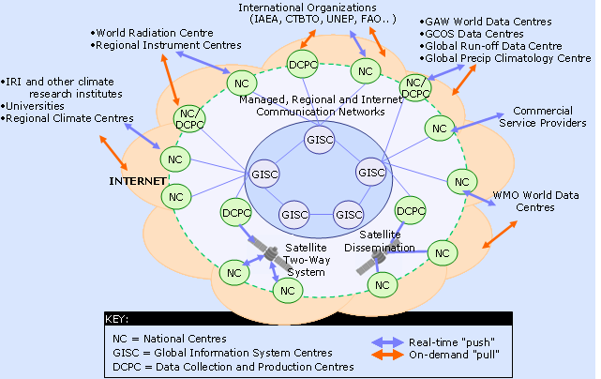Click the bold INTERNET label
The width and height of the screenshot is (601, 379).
pos(137,179)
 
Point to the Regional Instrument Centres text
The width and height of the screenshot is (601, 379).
pos(170,44)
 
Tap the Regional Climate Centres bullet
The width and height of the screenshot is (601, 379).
pos(68,118)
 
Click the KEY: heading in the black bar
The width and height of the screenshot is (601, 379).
pos(122,319)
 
